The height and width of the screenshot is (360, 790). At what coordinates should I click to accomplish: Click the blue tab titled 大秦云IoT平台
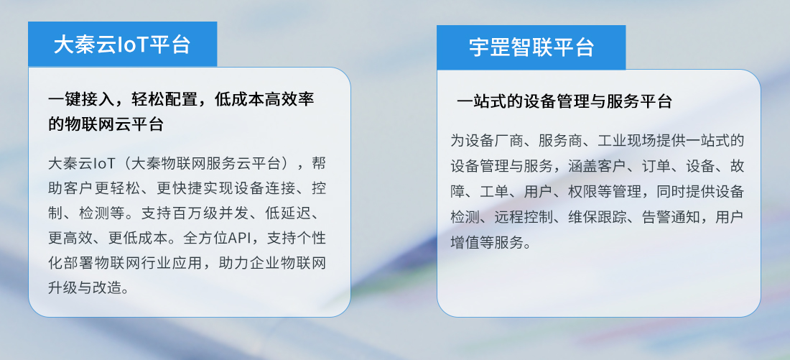(x=122, y=44)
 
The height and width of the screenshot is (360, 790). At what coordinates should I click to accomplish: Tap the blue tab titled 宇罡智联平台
(x=531, y=47)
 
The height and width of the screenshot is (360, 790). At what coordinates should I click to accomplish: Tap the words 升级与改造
(x=85, y=287)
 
